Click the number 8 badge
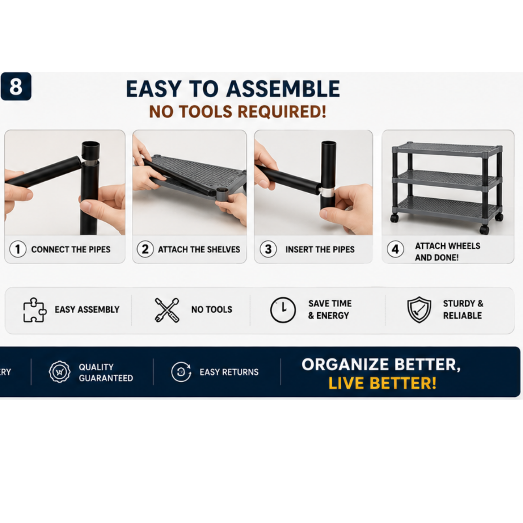[x=16, y=86]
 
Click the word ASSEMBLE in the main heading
[x=283, y=89]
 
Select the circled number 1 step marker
[x=18, y=249]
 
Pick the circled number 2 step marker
[x=145, y=249]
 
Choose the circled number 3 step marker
[x=268, y=249]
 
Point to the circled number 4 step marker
[x=396, y=249]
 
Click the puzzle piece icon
[x=34, y=310]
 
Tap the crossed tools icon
[x=167, y=310]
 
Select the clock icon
[x=283, y=310]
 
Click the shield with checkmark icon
[x=419, y=310]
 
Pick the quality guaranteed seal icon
[x=59, y=372]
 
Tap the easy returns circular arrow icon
[x=181, y=372]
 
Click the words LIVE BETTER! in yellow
[x=383, y=383]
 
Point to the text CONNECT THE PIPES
[x=71, y=249]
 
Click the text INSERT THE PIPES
[x=320, y=249]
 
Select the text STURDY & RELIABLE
[x=463, y=309]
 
